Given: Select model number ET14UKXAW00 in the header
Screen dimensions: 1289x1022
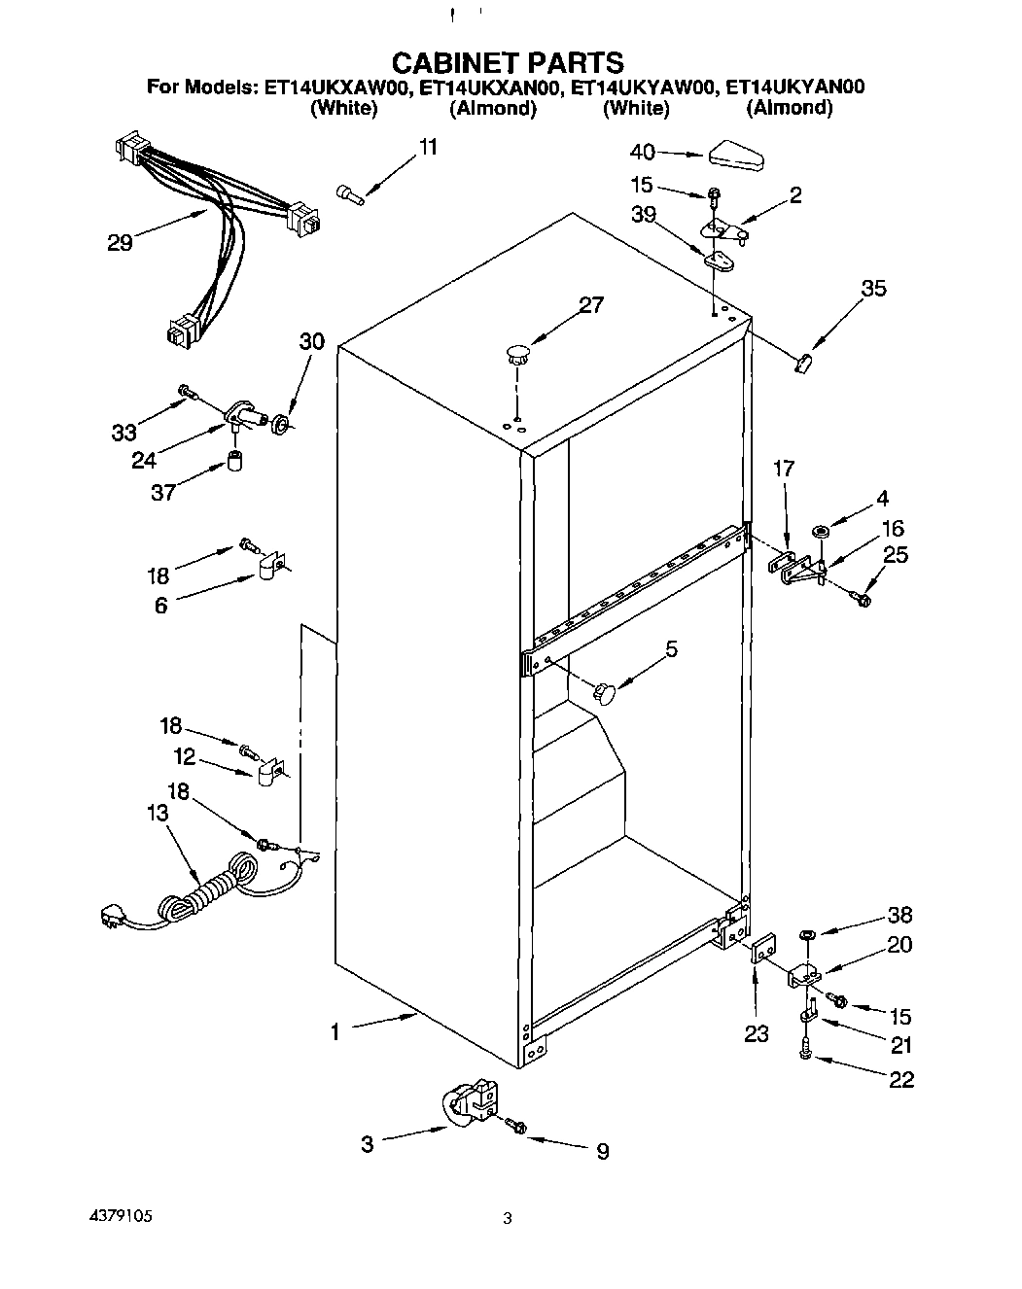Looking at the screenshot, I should coord(335,87).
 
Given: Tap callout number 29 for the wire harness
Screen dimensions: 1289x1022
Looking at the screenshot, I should coord(120,242).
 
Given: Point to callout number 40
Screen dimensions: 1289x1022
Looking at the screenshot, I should coord(642,152).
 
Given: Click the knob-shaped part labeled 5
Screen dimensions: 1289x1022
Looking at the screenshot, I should coord(605,693).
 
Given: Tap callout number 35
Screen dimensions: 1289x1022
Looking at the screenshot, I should coord(873,288).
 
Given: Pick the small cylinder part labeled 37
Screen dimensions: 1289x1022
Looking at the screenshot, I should coord(234,460).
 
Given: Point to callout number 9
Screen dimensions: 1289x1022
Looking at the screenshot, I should coord(602,1152).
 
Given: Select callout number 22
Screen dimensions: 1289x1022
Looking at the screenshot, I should coord(900,1079).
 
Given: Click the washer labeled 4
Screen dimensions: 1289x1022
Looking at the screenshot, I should coord(820,531).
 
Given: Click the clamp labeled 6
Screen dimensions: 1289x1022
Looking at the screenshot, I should coord(269,566).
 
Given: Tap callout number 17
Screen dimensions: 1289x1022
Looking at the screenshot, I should coord(783,469).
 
